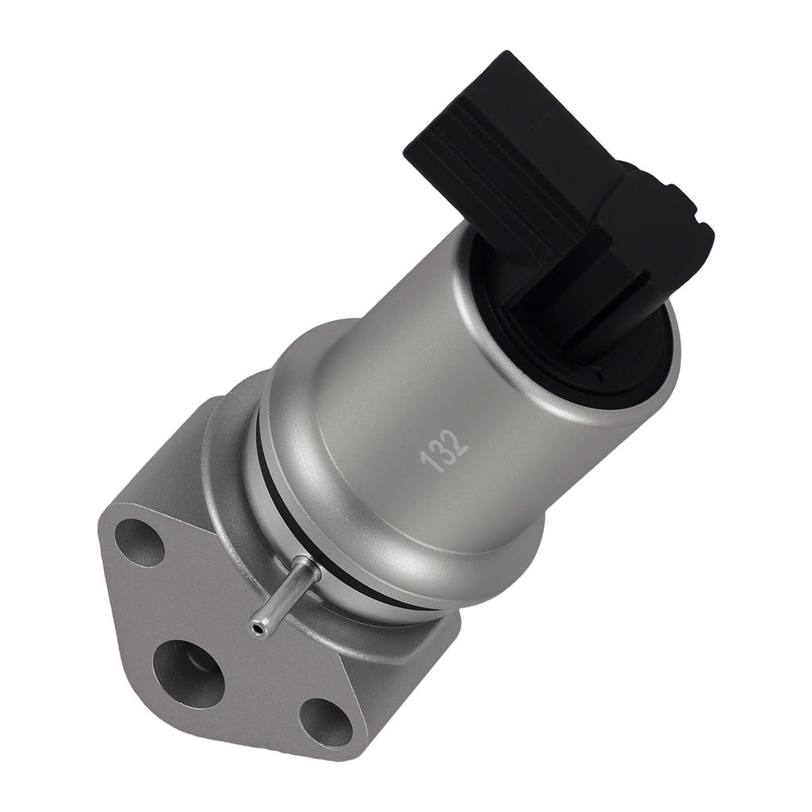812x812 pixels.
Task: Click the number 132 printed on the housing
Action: coord(445,451)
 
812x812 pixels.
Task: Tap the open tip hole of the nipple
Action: coord(256,629)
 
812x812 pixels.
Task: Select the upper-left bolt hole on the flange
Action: coord(140,542)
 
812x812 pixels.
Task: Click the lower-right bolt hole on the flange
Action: coord(325,722)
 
